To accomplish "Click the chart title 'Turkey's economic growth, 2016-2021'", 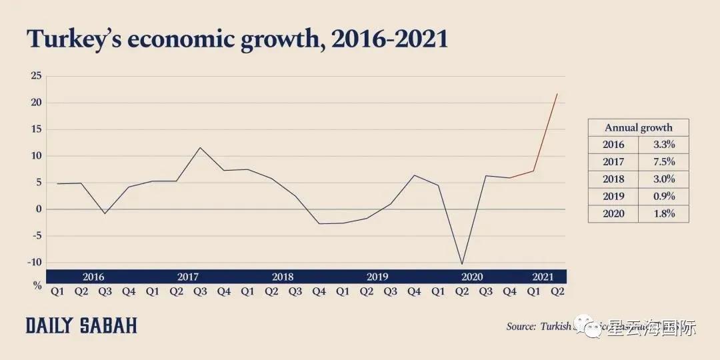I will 237,39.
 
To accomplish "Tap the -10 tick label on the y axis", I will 34,262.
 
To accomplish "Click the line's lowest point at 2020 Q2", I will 461,264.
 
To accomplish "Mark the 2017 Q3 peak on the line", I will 200,147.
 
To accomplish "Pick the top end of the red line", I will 557,94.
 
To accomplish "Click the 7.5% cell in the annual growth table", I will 663,162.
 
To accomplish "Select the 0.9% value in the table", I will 663,197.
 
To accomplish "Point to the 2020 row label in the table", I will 613,214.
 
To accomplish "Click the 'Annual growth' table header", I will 638,127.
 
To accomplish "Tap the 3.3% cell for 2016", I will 663,145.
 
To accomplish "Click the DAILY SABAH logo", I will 81,326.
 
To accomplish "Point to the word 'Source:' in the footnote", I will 521,327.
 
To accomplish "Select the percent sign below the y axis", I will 37,285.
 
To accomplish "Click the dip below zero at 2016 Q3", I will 105,213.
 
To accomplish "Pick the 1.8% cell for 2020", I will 663,214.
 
